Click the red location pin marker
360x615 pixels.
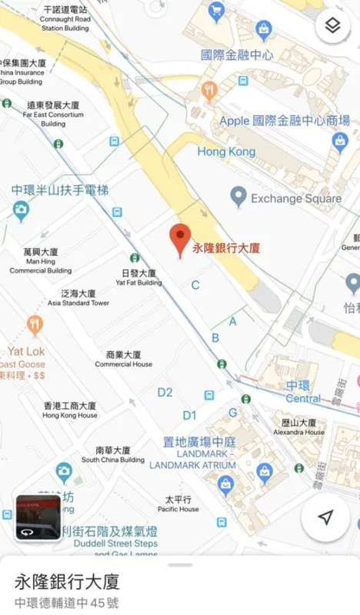point(179,239)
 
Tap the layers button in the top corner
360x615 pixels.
point(332,27)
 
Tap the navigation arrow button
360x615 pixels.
point(325,517)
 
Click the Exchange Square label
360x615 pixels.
point(295,199)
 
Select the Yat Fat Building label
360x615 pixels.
point(138,278)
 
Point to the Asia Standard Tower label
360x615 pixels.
point(78,298)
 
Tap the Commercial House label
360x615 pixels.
point(123,359)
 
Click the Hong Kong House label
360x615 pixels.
point(69,410)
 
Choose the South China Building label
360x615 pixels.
point(112,454)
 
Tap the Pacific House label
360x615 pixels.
point(178,504)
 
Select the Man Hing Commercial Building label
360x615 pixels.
point(41,261)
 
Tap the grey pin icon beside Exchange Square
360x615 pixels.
point(239,198)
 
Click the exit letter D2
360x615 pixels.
point(165,393)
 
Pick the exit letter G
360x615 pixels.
point(232,413)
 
